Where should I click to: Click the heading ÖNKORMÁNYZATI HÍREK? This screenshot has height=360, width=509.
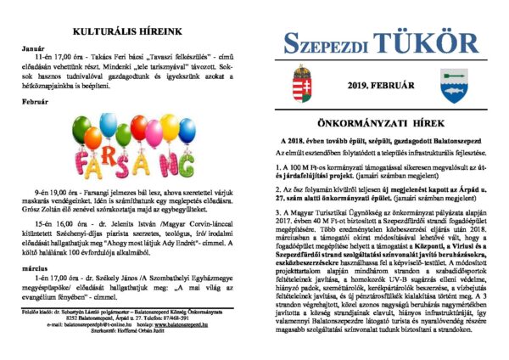click(x=378, y=121)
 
